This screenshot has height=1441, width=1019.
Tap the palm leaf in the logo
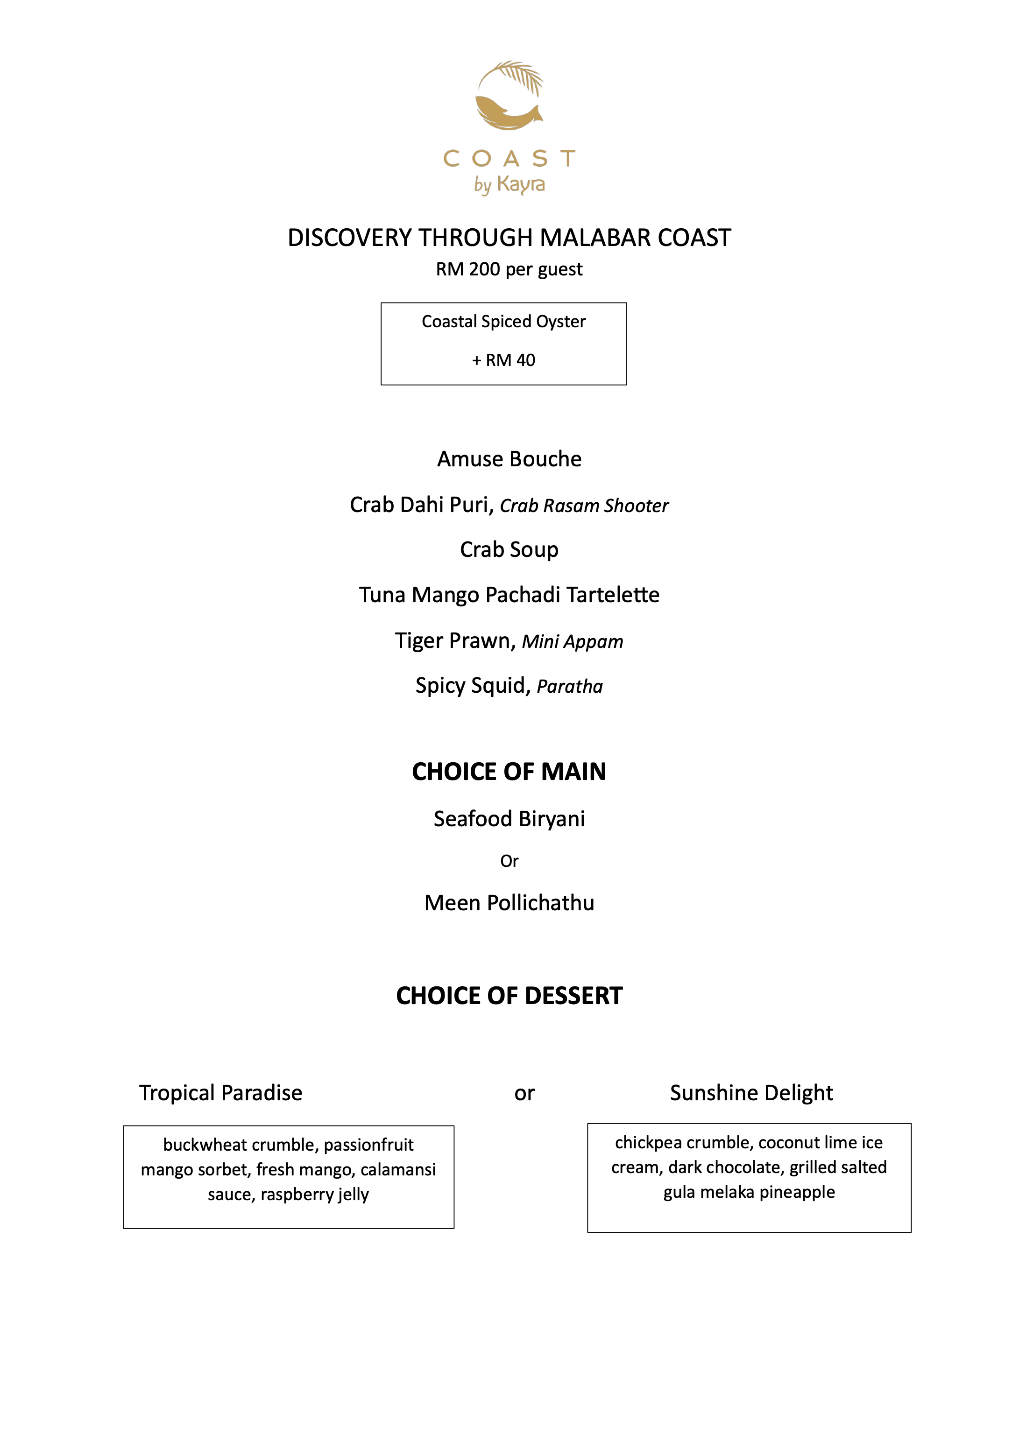click(x=523, y=77)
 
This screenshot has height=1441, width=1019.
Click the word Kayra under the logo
click(x=521, y=184)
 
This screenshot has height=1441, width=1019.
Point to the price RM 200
click(x=468, y=270)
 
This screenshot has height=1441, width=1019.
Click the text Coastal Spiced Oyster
click(x=503, y=321)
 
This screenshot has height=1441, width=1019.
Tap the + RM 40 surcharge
click(x=503, y=360)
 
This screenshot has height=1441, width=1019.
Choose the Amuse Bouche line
click(x=509, y=459)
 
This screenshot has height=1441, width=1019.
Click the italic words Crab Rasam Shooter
click(x=584, y=506)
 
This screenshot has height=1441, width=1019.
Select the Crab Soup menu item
click(x=509, y=550)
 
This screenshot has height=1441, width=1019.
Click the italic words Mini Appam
click(x=572, y=641)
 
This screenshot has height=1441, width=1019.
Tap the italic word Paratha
click(x=569, y=687)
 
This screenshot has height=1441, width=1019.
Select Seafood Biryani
click(x=509, y=819)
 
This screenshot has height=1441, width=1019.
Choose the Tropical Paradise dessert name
click(x=221, y=1093)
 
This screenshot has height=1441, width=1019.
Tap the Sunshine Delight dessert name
click(x=751, y=1093)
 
